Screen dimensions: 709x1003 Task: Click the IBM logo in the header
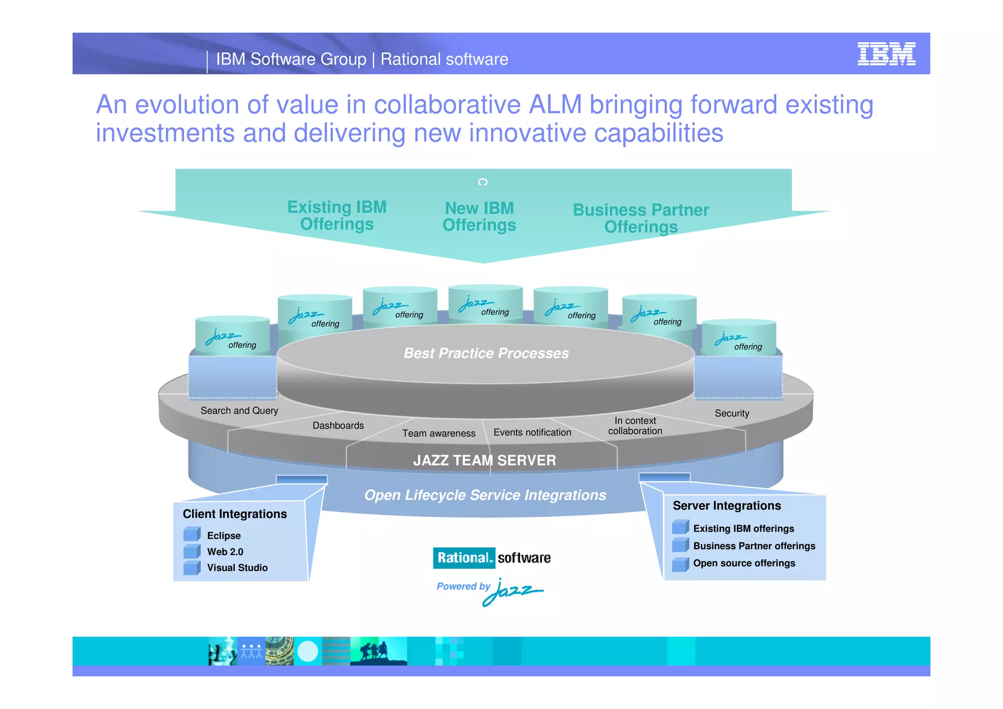(x=886, y=54)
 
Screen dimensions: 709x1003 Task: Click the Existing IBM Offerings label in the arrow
(x=337, y=216)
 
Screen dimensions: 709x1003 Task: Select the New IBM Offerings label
(x=479, y=217)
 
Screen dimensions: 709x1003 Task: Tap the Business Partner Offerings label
(x=641, y=219)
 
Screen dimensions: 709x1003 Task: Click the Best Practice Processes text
(x=486, y=353)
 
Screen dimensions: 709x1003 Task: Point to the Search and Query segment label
(x=239, y=411)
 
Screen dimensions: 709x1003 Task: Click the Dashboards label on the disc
(x=338, y=425)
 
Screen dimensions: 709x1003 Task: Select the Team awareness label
(x=438, y=433)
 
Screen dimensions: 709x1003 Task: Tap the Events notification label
(x=532, y=432)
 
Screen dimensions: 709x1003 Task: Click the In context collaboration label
(x=635, y=426)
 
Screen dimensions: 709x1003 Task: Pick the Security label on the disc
(x=732, y=413)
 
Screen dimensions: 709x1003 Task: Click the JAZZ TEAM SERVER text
(x=484, y=461)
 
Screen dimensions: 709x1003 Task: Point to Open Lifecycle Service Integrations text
(x=485, y=495)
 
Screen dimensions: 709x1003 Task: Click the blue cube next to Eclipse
(x=191, y=535)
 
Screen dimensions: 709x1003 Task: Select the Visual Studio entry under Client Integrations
(x=237, y=568)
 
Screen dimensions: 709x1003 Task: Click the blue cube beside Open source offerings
(x=680, y=564)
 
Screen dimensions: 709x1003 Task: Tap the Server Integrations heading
(x=726, y=506)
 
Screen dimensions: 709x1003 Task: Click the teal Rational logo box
(x=463, y=558)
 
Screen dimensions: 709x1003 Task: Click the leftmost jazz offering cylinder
(x=232, y=335)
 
